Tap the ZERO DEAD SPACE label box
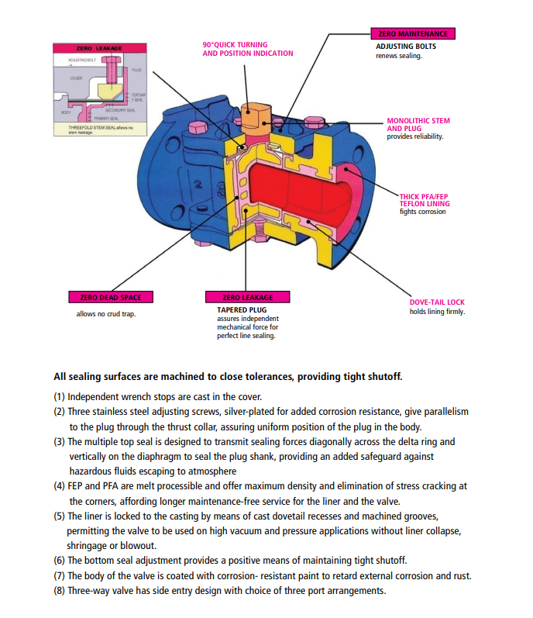111,296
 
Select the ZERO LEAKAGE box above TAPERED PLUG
248,297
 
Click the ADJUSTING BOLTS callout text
406,47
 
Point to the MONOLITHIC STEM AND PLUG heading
418,125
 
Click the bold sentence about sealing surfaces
228,378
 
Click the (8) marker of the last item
60,590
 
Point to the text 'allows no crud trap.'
105,314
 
